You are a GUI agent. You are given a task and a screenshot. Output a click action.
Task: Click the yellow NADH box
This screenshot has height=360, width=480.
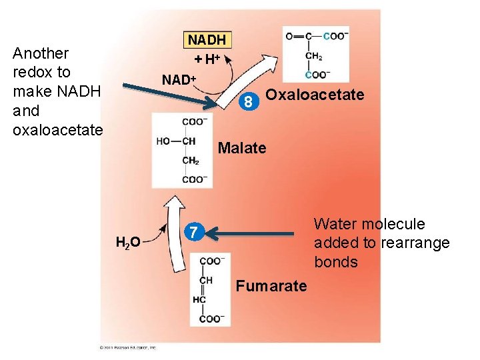coord(207,41)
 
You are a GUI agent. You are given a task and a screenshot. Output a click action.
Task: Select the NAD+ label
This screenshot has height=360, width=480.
coord(179,80)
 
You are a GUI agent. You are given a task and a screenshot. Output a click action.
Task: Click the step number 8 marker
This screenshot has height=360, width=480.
coord(247,103)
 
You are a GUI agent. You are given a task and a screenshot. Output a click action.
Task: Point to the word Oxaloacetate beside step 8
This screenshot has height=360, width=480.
coord(315,95)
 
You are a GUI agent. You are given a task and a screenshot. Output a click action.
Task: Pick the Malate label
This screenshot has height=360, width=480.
coord(242,148)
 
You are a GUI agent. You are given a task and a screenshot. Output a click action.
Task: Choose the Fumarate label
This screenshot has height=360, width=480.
coord(272,286)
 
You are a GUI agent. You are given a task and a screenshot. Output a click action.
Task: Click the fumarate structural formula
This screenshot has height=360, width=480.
coord(209,290)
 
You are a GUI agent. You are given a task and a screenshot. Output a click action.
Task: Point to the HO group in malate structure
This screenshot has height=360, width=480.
coord(164,141)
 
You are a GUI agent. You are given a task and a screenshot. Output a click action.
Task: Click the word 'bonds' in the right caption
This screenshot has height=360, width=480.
coord(336,262)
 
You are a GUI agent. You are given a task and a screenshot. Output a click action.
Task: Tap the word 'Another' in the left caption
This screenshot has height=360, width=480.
coord(41,53)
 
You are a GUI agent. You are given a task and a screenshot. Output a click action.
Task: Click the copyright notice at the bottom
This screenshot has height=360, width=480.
coord(127,347)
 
